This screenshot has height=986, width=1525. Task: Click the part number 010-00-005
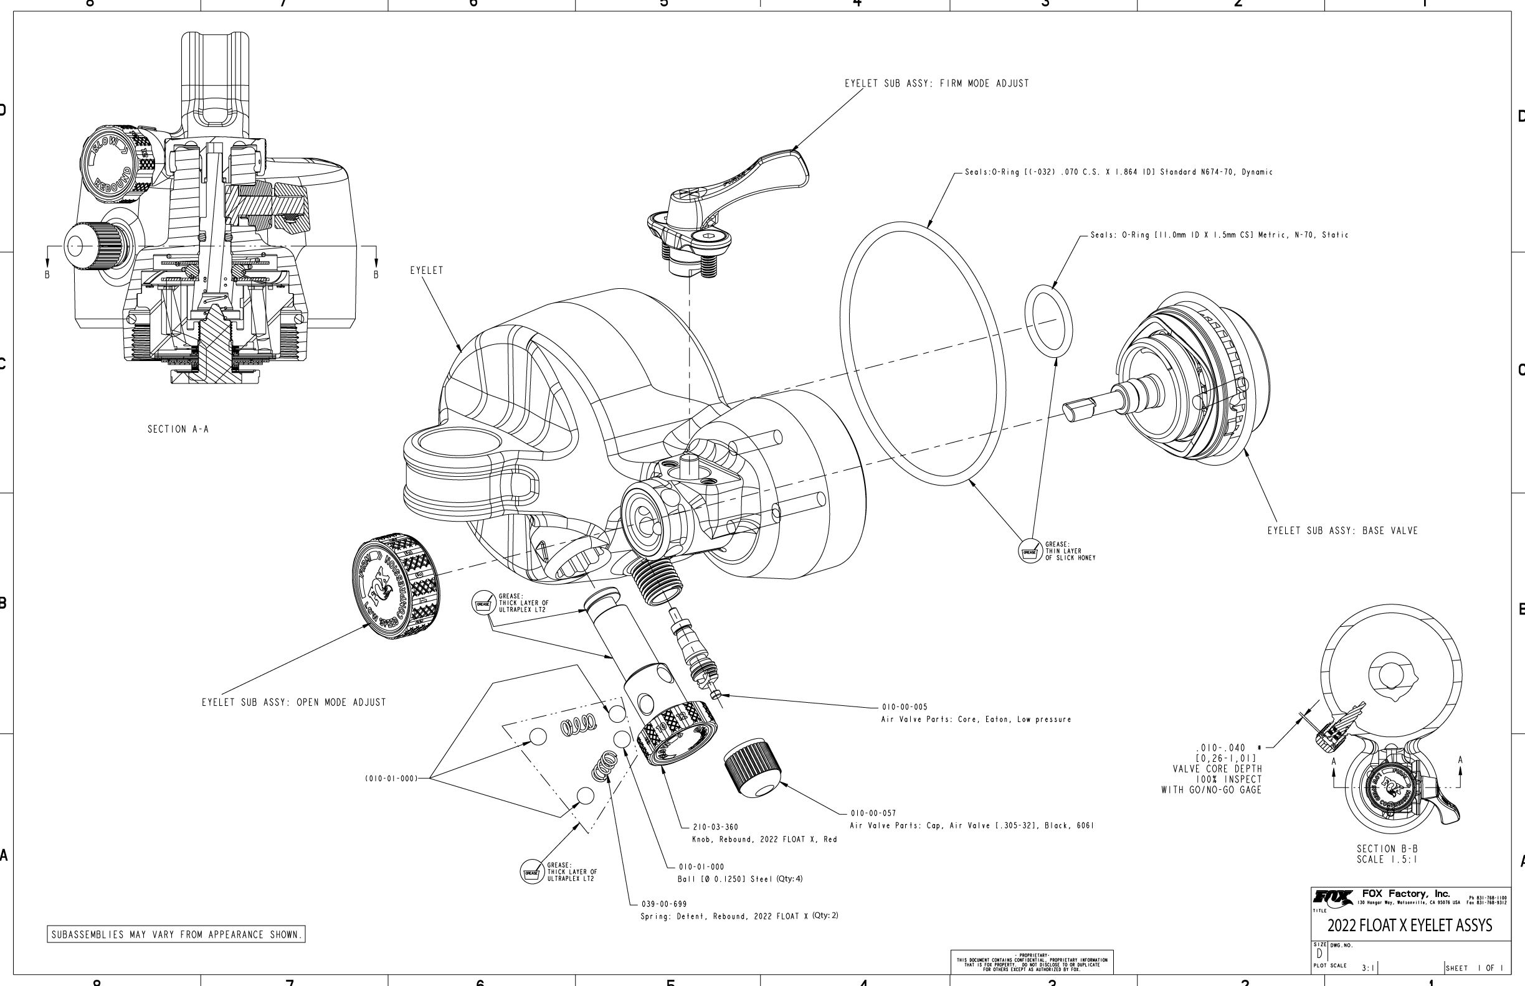click(x=904, y=707)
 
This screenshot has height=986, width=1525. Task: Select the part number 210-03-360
click(x=715, y=827)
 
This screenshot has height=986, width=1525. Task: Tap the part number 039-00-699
click(x=664, y=903)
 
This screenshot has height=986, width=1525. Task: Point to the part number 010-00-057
click(x=873, y=813)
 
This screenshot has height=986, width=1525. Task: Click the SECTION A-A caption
click(x=178, y=429)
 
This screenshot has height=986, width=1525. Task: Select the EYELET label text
click(x=427, y=270)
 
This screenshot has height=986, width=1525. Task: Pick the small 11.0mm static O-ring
click(x=1048, y=320)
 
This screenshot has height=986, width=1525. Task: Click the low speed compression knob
click(x=396, y=585)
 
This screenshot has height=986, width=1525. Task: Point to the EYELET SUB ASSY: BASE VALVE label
click(x=1342, y=531)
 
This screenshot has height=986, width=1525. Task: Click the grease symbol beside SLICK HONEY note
click(x=1029, y=552)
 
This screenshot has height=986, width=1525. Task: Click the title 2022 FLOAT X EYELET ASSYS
click(x=1410, y=925)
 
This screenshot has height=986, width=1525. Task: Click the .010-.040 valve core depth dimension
click(x=1220, y=748)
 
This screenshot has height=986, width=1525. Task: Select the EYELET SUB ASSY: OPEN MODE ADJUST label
click(x=294, y=702)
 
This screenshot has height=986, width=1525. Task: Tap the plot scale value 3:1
click(x=1367, y=968)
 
